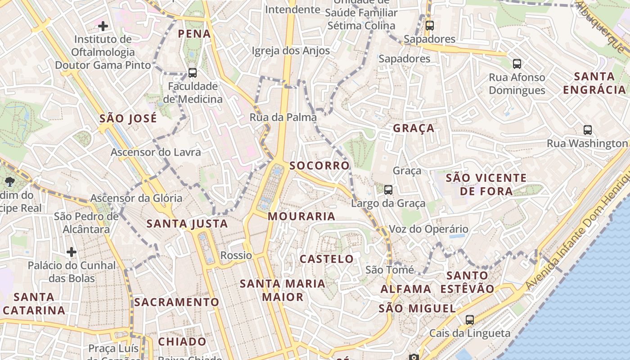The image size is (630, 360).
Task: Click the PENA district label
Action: tap(194, 34)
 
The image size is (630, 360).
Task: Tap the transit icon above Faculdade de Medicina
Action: tap(193, 72)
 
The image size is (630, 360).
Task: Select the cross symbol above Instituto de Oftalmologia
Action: tap(103, 26)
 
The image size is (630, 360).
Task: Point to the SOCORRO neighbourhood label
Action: tap(319, 166)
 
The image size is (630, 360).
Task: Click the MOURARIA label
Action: tap(301, 216)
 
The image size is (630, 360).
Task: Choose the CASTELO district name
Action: tap(327, 259)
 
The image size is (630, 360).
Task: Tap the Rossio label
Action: tap(236, 256)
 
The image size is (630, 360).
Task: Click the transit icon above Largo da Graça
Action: tap(388, 190)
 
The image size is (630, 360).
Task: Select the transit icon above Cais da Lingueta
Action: tap(470, 320)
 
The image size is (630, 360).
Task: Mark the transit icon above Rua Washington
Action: tap(588, 130)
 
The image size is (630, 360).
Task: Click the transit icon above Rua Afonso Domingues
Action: tap(517, 64)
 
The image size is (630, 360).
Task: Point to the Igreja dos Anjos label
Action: tap(291, 51)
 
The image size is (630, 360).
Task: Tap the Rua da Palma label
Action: tap(283, 117)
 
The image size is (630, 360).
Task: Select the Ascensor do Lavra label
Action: tap(156, 152)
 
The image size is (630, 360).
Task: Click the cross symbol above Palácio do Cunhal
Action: tap(72, 252)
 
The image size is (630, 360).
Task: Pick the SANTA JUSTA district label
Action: tap(187, 224)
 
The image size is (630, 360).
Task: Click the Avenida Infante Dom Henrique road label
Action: tap(578, 238)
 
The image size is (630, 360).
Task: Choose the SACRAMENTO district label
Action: tap(176, 302)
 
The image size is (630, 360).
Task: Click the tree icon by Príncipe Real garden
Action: tap(9, 182)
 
